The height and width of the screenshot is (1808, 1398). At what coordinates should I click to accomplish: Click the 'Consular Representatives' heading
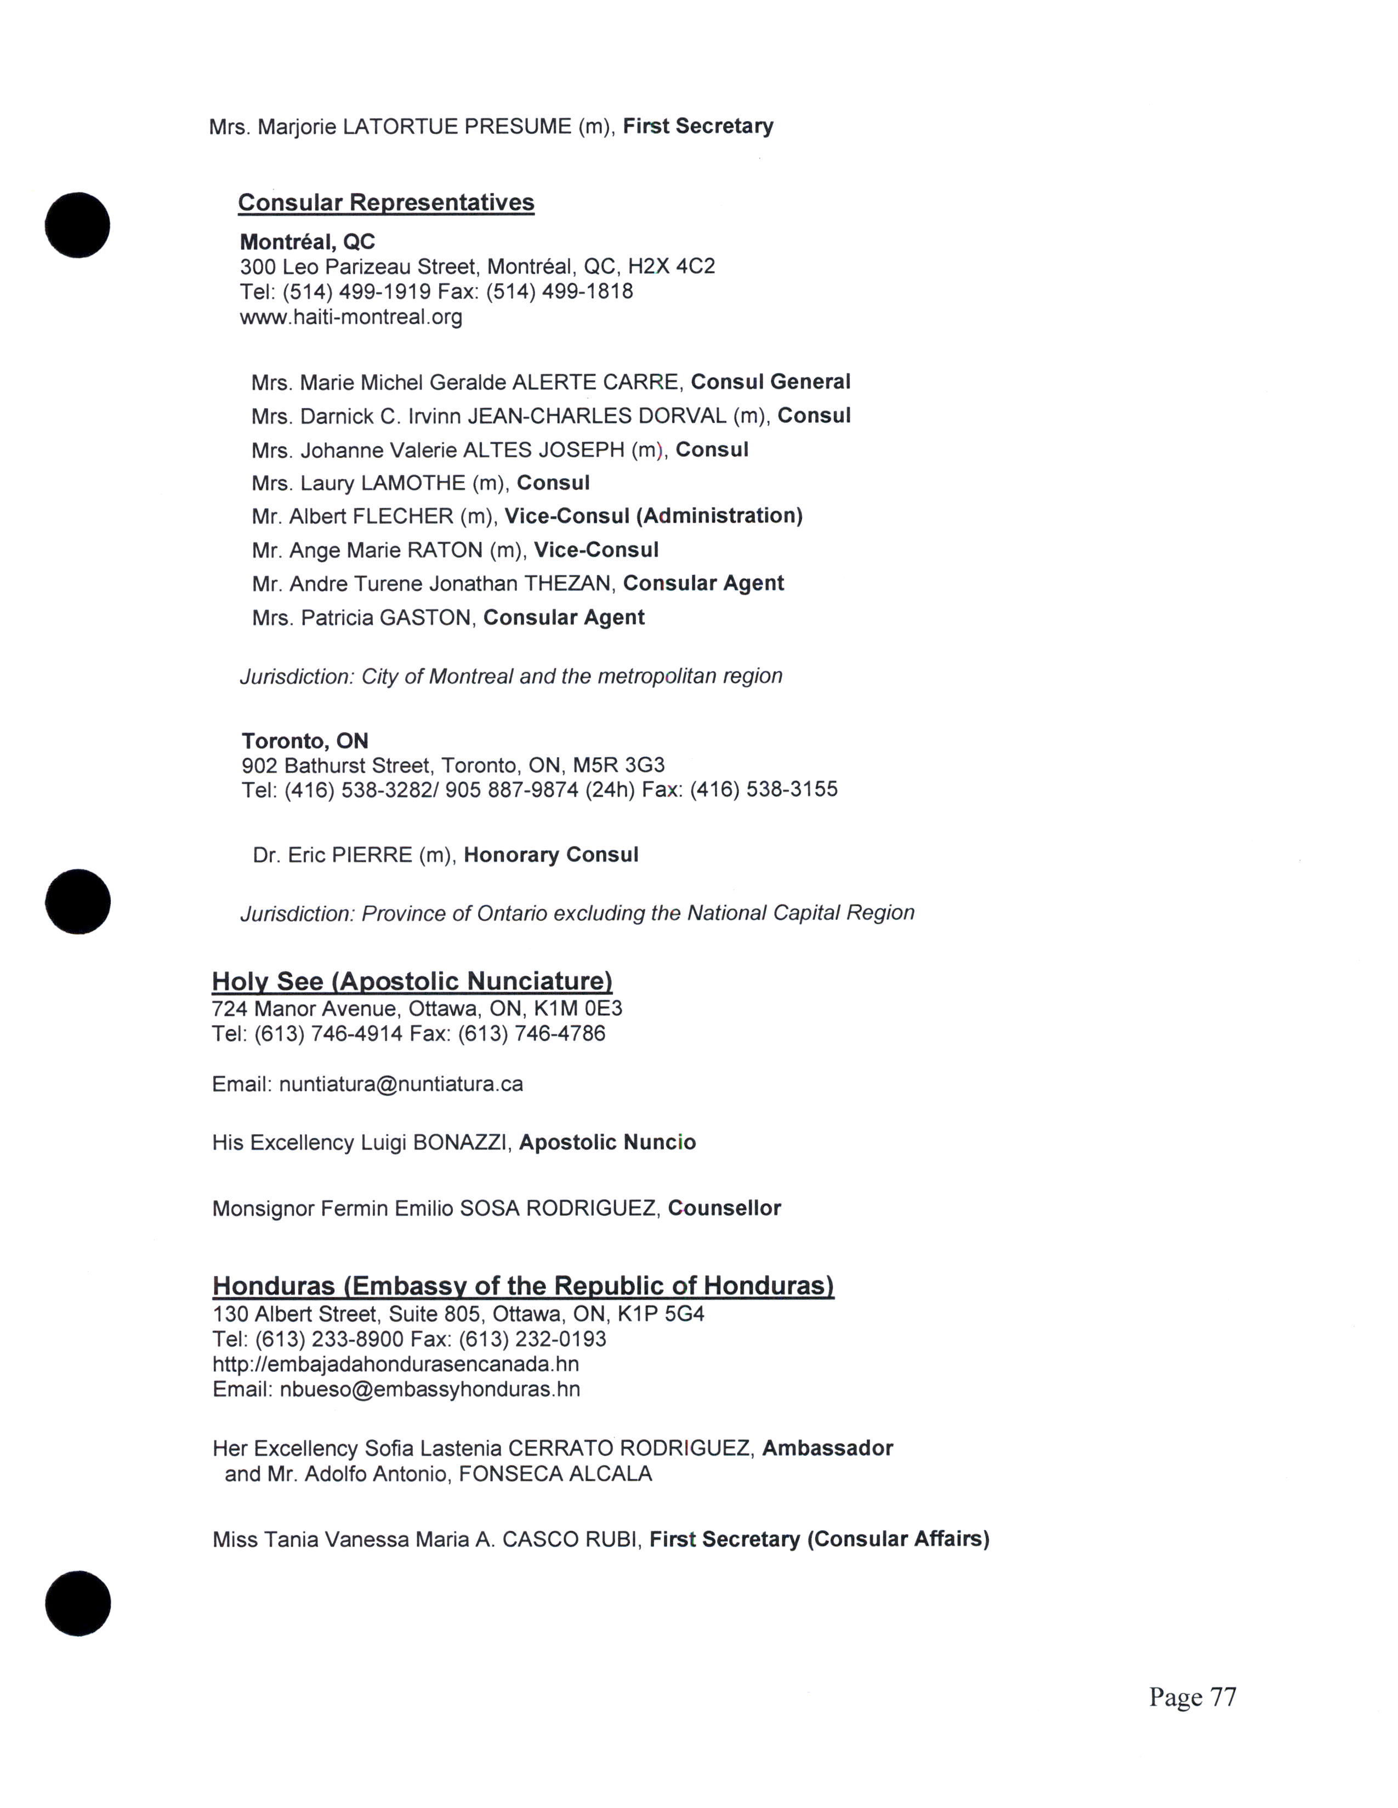pyautogui.click(x=386, y=203)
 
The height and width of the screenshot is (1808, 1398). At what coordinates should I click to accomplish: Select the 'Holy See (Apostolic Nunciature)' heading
pyautogui.click(x=412, y=982)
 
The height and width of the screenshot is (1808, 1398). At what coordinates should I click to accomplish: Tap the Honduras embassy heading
pyautogui.click(x=522, y=1286)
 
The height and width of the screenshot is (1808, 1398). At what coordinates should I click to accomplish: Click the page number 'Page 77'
pyautogui.click(x=1192, y=1697)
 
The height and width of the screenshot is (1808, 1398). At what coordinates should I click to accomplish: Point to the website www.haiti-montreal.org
pyautogui.click(x=351, y=317)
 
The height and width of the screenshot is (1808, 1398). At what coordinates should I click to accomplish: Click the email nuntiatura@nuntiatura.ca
pyautogui.click(x=401, y=1084)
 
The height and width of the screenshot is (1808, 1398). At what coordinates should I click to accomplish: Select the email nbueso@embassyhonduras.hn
pyautogui.click(x=429, y=1389)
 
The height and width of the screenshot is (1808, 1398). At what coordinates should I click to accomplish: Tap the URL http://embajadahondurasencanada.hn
pyautogui.click(x=396, y=1364)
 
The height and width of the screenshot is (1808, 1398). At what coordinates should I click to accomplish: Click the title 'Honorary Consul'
pyautogui.click(x=551, y=855)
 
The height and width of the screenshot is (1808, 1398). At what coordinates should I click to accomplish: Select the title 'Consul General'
pyautogui.click(x=770, y=382)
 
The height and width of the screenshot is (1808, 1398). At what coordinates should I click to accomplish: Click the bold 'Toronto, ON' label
pyautogui.click(x=305, y=741)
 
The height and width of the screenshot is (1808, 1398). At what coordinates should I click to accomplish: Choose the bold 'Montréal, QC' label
pyautogui.click(x=307, y=242)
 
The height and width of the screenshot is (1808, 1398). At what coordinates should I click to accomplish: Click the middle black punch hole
pyautogui.click(x=78, y=901)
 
